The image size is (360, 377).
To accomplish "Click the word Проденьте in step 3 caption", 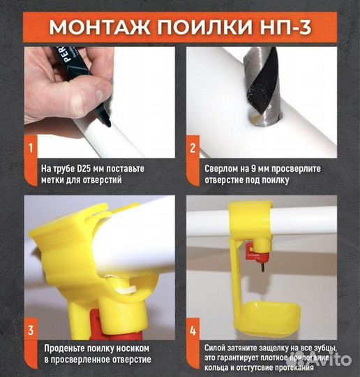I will [66, 348].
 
